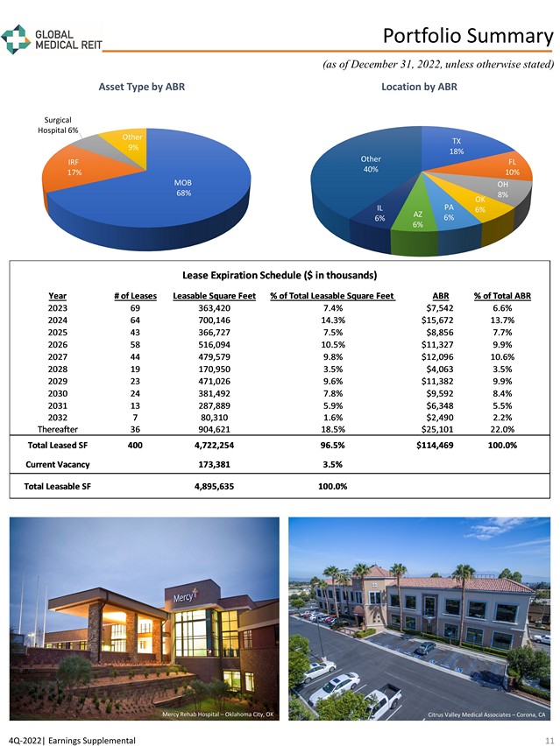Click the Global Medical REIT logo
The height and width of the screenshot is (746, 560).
click(52, 39)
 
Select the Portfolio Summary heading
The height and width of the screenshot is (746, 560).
click(468, 36)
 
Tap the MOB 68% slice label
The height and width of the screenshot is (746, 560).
click(182, 187)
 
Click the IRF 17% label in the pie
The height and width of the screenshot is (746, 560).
click(74, 167)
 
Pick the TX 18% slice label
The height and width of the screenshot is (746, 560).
click(456, 146)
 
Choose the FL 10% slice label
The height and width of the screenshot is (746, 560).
click(513, 167)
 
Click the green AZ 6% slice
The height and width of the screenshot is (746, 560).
click(418, 221)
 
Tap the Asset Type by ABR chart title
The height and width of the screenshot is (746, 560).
click(141, 87)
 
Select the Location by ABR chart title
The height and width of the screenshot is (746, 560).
click(420, 87)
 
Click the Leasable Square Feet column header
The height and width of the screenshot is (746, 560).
click(215, 295)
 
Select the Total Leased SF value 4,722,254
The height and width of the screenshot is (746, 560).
click(213, 445)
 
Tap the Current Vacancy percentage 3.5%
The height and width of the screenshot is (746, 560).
click(332, 464)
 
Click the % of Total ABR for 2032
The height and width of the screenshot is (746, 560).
click(503, 417)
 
